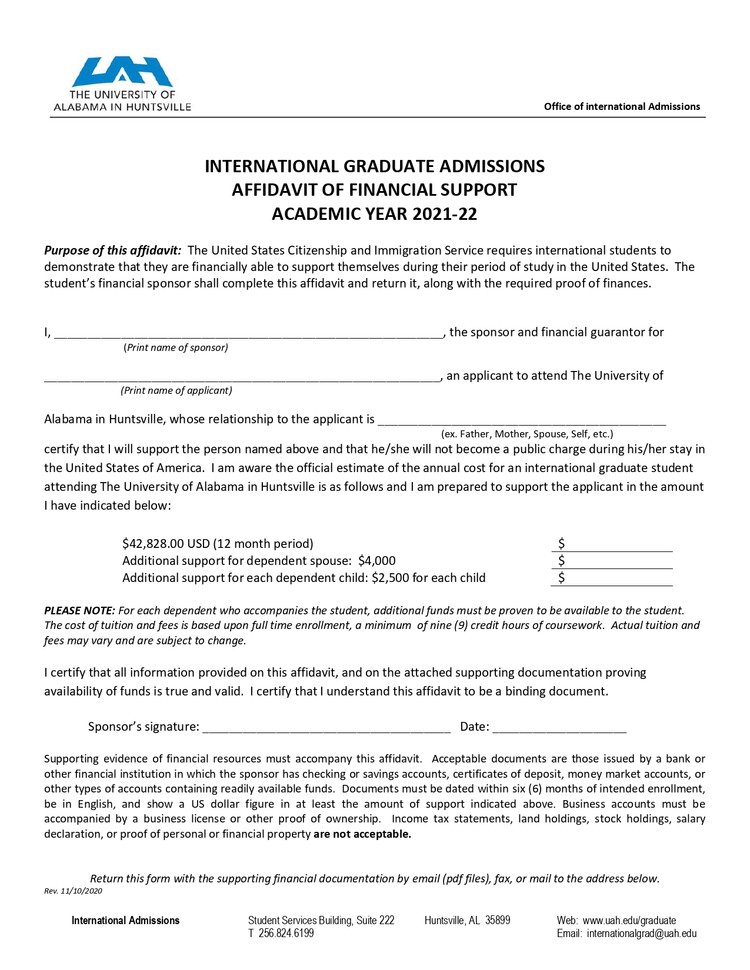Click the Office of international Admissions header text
click(x=622, y=106)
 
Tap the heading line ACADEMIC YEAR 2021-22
click(x=374, y=214)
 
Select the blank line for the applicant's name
click(x=242, y=377)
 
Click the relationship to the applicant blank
click(x=521, y=420)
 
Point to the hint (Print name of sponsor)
click(x=176, y=347)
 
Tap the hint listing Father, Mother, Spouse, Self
click(x=527, y=434)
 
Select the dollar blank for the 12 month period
click(x=618, y=545)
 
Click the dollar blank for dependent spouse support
click(x=618, y=562)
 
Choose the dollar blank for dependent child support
click(x=618, y=579)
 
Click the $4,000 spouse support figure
click(x=377, y=561)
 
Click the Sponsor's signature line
click(x=326, y=728)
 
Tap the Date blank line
click(x=559, y=728)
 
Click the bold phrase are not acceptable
click(x=362, y=834)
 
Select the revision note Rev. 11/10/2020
click(x=74, y=891)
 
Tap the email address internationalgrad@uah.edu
click(x=642, y=934)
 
